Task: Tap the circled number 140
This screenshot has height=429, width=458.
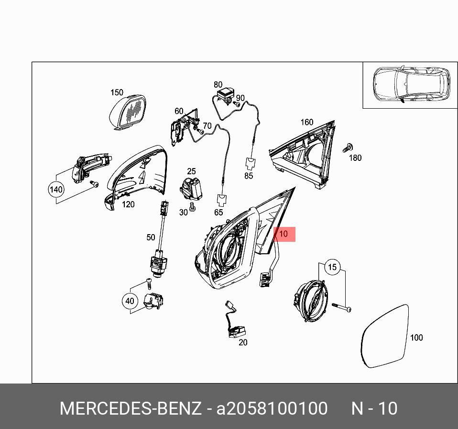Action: [56, 190]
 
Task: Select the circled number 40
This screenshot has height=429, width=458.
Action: [130, 301]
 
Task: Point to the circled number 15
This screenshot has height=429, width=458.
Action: [332, 267]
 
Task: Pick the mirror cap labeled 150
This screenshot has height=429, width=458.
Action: [127, 112]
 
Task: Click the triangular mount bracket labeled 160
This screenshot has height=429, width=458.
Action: [302, 158]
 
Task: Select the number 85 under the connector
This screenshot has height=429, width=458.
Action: [249, 176]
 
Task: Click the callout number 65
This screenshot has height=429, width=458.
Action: [218, 212]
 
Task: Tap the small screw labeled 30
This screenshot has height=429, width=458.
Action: [193, 207]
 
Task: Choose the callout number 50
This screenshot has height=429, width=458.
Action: [151, 237]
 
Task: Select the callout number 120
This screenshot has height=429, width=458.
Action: [128, 204]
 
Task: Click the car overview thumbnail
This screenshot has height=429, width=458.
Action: [410, 85]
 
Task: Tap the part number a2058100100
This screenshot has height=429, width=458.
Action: [272, 408]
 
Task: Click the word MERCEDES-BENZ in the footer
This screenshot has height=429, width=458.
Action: [130, 408]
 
